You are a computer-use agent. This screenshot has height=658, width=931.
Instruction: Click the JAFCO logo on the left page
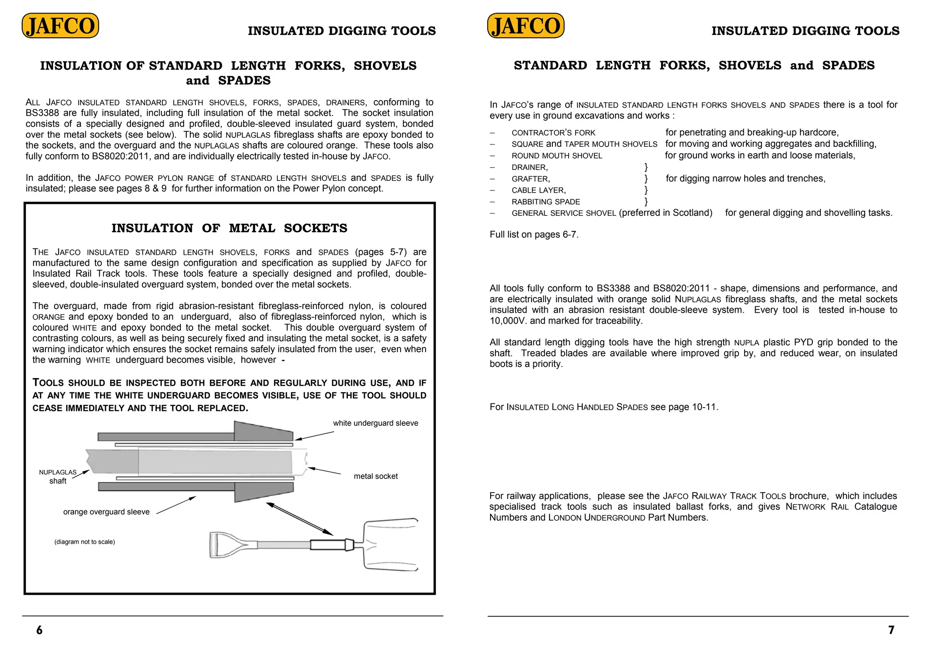pos(60,26)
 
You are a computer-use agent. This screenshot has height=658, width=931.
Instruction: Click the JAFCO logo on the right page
pos(526,26)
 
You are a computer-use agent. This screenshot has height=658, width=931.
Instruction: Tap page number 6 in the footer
pos(40,630)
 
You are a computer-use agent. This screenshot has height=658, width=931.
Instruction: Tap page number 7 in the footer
pos(891,630)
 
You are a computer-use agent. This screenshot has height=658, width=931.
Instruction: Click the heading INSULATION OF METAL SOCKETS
pos(229,228)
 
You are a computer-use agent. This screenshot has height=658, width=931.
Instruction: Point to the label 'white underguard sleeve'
pos(375,423)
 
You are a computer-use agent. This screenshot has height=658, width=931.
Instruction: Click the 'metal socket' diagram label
pos(375,476)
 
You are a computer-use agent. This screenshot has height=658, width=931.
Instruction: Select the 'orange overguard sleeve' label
pos(106,512)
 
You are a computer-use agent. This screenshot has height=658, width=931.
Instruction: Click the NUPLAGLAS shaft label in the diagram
pos(58,477)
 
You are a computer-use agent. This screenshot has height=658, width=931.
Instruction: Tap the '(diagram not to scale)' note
pos(85,542)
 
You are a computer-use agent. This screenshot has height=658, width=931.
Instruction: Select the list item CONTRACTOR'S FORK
pos(553,133)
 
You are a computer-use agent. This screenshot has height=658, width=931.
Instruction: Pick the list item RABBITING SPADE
pos(546,202)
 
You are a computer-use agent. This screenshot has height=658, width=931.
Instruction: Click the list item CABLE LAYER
pos(539,190)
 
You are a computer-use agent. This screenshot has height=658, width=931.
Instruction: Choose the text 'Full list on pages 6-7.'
pos(534,234)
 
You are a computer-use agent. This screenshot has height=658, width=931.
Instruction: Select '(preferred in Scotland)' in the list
pos(666,213)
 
